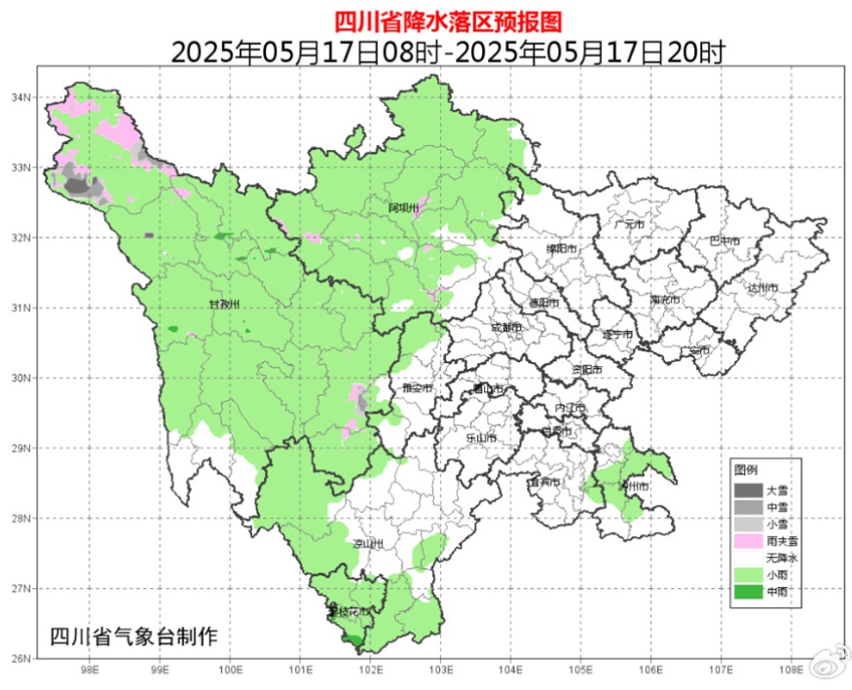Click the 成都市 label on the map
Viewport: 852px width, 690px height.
coord(505,328)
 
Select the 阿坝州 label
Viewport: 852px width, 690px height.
coord(402,208)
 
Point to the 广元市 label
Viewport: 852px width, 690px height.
coord(630,224)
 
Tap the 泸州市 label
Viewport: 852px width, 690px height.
coord(634,485)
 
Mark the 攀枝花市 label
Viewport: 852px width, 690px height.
coord(348,611)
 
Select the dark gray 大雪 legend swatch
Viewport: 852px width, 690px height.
coord(748,490)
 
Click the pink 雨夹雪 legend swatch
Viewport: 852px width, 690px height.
coord(748,540)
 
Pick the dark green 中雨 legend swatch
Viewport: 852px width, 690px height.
coord(748,592)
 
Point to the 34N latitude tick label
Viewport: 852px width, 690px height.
coord(21,97)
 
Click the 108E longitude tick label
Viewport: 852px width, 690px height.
coord(792,670)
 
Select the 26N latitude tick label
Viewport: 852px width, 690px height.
coord(21,659)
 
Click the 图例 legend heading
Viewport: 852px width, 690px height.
coord(746,469)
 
